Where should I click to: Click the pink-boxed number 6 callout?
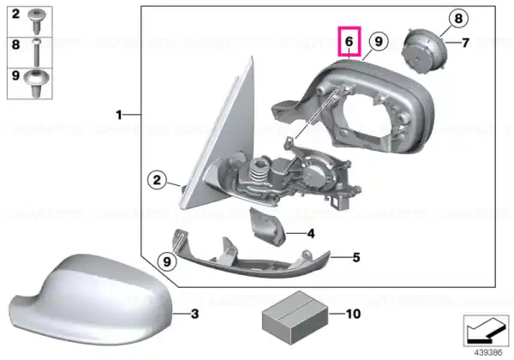click(x=350, y=41)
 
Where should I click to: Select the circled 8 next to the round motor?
click(x=458, y=18)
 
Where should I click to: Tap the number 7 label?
click(x=465, y=43)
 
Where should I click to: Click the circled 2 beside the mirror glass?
click(x=157, y=180)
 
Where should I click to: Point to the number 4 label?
click(x=311, y=233)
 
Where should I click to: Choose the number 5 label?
click(x=356, y=257)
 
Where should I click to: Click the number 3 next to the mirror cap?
click(x=194, y=314)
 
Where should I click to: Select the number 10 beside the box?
click(x=353, y=314)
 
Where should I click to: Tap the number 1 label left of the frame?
click(x=119, y=115)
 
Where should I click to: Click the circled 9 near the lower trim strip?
click(x=167, y=261)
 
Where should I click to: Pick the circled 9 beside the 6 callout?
click(x=379, y=41)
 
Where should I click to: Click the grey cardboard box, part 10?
click(x=295, y=317)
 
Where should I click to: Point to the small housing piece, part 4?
click(x=267, y=226)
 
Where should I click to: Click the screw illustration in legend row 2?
click(x=37, y=21)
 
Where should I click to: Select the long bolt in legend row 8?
click(x=36, y=51)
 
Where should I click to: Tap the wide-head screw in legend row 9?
click(x=37, y=82)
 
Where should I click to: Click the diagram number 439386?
click(x=487, y=353)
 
